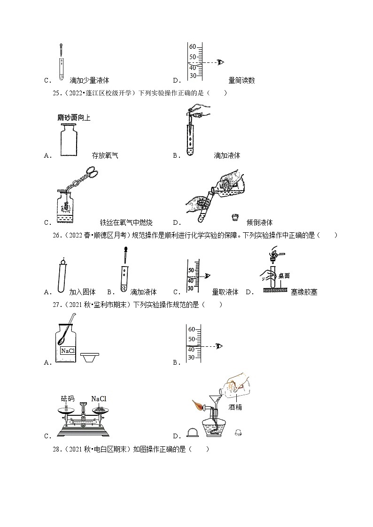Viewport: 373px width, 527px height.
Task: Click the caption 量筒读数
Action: [241, 80]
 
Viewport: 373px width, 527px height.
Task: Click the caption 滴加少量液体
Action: [89, 80]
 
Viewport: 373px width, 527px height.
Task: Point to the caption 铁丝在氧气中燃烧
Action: [126, 222]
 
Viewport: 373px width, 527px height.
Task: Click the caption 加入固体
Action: [82, 292]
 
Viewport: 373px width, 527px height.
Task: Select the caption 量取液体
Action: [225, 292]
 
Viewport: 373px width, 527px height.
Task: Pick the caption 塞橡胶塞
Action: [304, 292]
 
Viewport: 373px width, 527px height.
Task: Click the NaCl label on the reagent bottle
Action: [65, 351]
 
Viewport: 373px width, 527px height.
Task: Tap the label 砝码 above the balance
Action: [68, 399]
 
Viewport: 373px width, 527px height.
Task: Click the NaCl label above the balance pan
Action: [99, 399]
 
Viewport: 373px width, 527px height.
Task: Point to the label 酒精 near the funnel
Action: [235, 407]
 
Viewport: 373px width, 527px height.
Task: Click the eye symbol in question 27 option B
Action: [219, 346]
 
